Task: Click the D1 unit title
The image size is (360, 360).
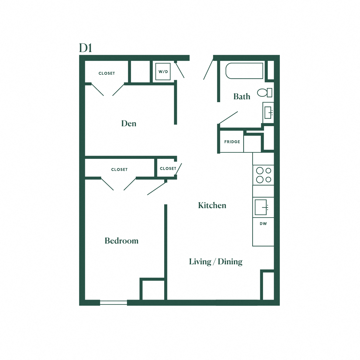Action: (x=85, y=48)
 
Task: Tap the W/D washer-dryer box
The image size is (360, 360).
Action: (x=163, y=72)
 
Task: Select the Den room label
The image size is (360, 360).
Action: (x=129, y=124)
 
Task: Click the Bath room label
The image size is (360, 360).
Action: (x=242, y=96)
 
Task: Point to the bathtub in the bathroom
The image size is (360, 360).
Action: (x=244, y=71)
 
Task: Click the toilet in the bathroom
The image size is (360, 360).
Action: (x=264, y=93)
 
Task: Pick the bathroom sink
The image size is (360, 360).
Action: (x=268, y=113)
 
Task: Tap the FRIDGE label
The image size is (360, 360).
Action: (x=232, y=142)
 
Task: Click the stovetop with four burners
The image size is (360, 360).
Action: (x=263, y=175)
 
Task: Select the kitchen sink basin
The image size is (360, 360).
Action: (x=261, y=207)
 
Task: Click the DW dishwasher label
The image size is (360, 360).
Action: (x=263, y=224)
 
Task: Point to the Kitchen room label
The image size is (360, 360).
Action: (x=212, y=205)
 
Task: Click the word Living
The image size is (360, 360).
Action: (x=200, y=262)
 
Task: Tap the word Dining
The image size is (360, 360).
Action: (x=230, y=262)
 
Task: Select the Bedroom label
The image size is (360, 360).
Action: (x=122, y=241)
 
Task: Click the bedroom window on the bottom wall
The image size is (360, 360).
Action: (x=113, y=303)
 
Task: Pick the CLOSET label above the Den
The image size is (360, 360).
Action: (x=107, y=73)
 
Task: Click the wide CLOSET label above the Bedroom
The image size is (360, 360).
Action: (x=119, y=170)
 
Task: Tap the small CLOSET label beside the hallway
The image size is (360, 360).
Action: (x=168, y=168)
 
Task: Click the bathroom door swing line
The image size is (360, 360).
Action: (x=228, y=118)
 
